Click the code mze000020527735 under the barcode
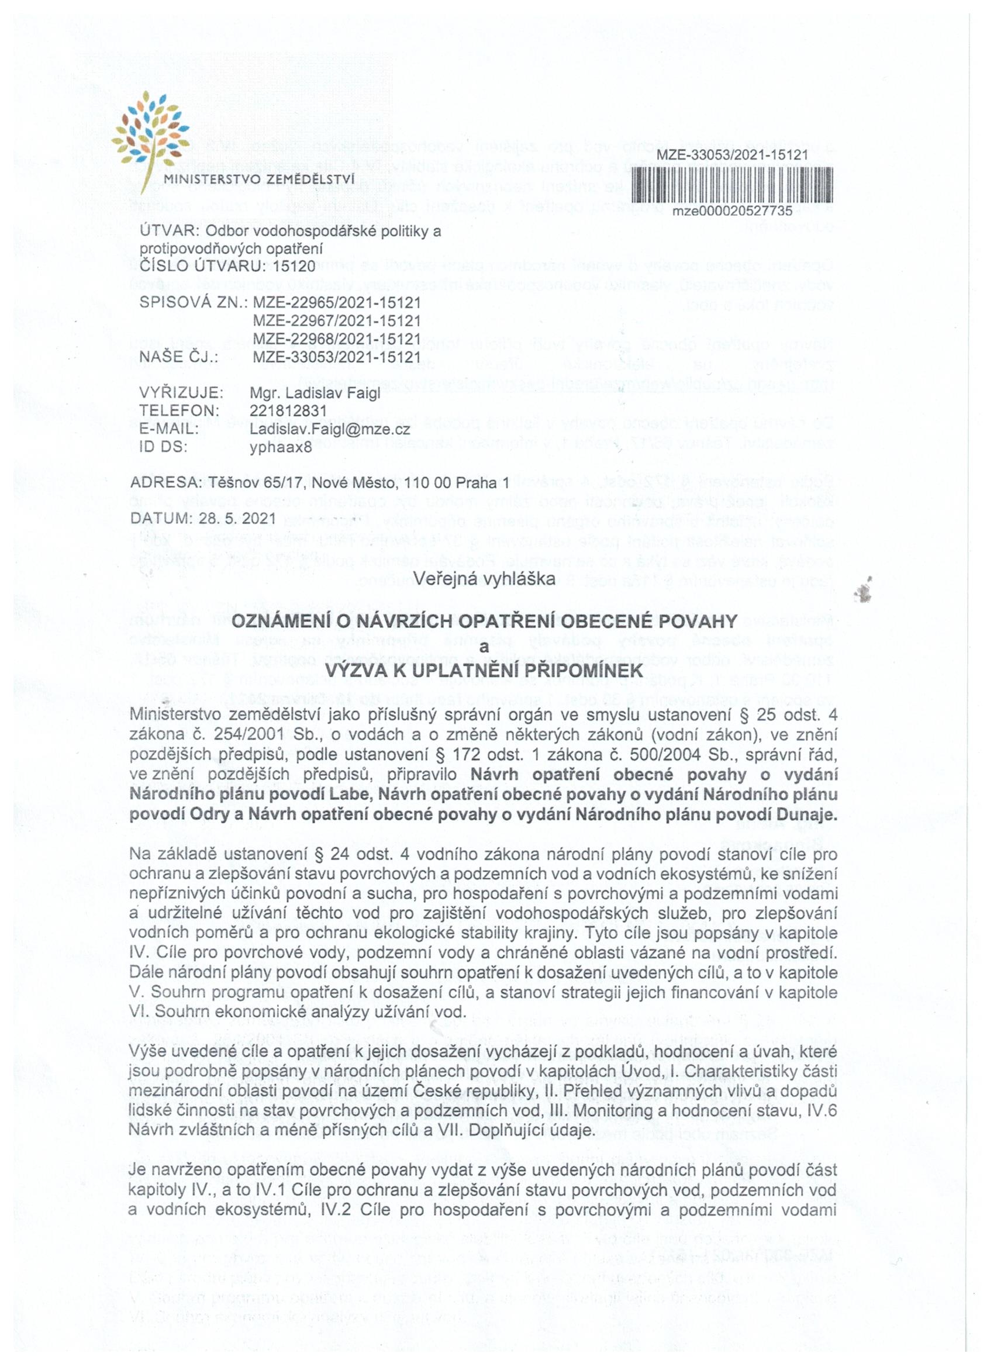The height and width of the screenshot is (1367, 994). [732, 211]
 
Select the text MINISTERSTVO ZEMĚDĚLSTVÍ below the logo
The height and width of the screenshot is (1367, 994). [260, 179]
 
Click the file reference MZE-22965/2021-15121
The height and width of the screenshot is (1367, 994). [336, 302]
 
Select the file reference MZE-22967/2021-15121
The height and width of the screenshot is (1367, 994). [336, 320]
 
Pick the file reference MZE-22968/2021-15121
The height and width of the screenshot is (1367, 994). [336, 338]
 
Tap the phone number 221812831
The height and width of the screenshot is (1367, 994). [288, 411]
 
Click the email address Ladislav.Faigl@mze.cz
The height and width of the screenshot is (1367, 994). [330, 429]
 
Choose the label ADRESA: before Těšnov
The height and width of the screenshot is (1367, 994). [167, 483]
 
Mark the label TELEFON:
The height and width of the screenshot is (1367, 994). [178, 411]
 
